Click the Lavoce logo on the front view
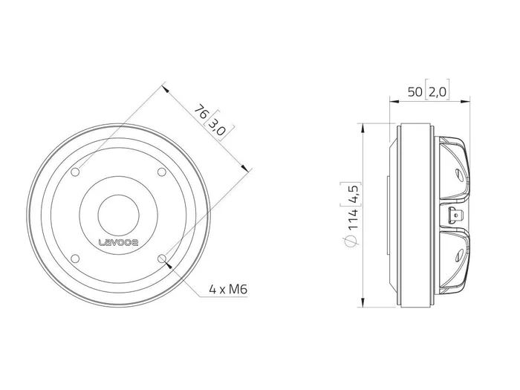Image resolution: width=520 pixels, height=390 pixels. (119, 242)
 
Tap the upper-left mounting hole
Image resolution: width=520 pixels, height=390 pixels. (76, 172)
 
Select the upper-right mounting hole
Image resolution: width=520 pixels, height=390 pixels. (161, 172)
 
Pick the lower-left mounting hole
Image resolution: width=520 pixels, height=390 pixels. (76, 259)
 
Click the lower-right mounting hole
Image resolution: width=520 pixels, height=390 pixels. (162, 259)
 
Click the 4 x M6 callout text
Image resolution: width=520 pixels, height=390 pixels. (228, 290)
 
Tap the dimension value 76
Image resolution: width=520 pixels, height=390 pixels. (201, 111)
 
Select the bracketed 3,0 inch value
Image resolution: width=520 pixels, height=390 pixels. (217, 127)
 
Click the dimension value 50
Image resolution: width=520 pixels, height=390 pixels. (415, 92)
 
